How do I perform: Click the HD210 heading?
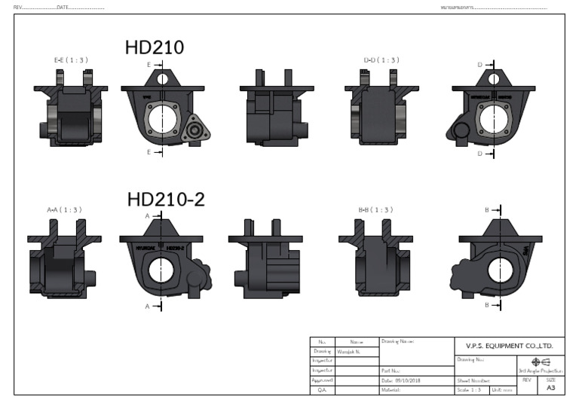coord(155,47)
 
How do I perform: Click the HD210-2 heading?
coord(166,200)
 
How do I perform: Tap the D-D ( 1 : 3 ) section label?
coord(381,59)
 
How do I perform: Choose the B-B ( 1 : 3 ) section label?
coord(378,209)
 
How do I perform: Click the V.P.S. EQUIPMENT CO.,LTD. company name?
coord(504,346)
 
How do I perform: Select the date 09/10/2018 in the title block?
coord(407,380)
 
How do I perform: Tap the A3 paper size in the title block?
coord(550,388)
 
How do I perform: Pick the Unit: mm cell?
coord(503,389)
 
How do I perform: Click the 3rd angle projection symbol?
coord(540,361)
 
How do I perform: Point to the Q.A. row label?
coord(321,389)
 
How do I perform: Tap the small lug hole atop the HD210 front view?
coord(162,78)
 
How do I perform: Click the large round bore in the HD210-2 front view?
coord(162,269)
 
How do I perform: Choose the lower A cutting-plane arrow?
coord(154,307)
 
